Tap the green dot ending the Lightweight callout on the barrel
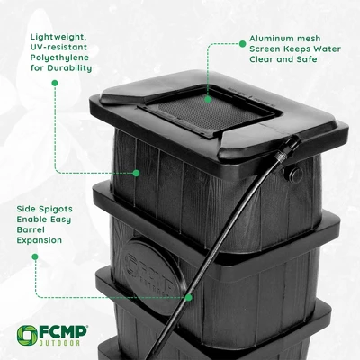136,172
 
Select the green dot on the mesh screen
207,100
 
